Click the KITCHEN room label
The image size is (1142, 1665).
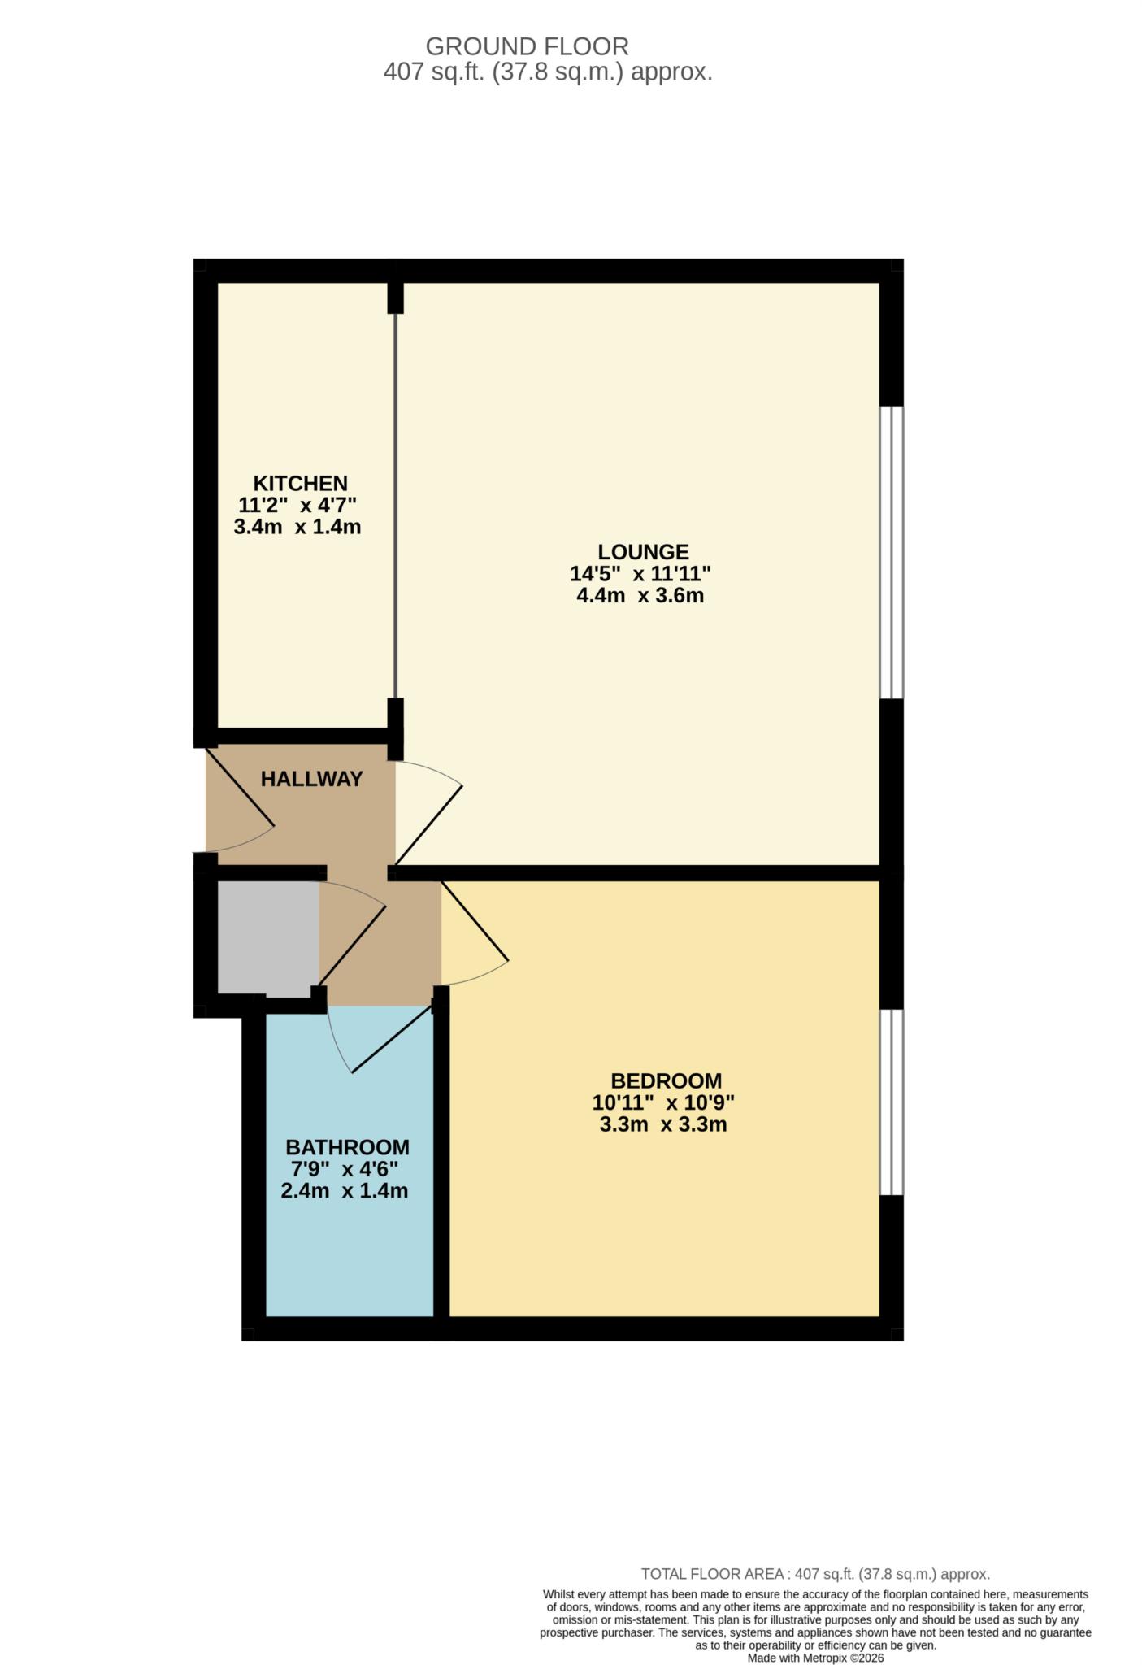click(x=300, y=482)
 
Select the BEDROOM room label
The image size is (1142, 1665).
click(x=666, y=1080)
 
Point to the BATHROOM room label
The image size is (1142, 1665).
click(x=347, y=1147)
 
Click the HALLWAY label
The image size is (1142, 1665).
click(x=311, y=779)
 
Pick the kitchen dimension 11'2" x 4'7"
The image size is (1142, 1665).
click(x=297, y=504)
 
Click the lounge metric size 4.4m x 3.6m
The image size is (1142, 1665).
click(x=640, y=595)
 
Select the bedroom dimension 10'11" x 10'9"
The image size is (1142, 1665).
click(x=663, y=1103)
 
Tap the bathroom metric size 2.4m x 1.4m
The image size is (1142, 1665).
click(x=344, y=1191)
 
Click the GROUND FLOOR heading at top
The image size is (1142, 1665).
click(x=527, y=46)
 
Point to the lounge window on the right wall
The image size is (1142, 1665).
click(x=892, y=553)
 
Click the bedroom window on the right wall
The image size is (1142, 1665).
click(x=892, y=1102)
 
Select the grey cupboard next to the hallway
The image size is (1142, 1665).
click(x=267, y=937)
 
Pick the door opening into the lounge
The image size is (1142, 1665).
click(x=429, y=813)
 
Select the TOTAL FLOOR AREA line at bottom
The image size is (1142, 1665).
click(x=815, y=1574)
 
